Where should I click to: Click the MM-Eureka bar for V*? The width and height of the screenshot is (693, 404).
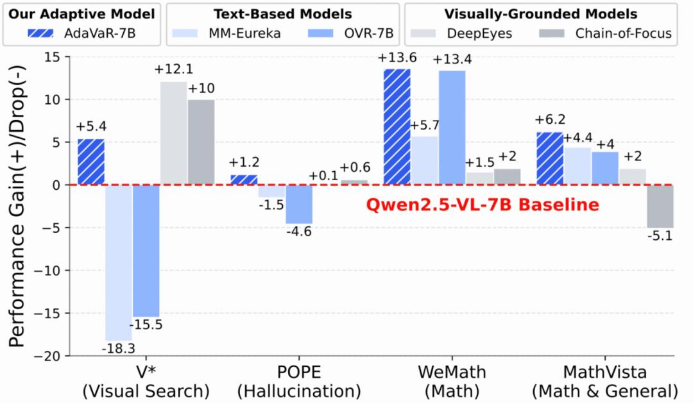[x=119, y=262]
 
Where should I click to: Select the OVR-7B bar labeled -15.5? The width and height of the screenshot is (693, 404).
[x=146, y=251]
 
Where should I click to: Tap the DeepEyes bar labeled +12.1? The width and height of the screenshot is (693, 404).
[x=173, y=133]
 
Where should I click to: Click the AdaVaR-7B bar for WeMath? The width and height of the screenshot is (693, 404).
[x=397, y=127]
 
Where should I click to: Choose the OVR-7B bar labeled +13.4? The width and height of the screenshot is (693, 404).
[x=452, y=128]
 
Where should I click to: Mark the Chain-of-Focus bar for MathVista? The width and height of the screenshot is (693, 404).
[x=660, y=206]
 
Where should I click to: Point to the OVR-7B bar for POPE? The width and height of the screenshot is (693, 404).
[x=299, y=204]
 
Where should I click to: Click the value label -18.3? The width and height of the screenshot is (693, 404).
[x=119, y=349]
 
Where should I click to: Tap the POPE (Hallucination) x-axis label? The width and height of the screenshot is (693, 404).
[x=299, y=382]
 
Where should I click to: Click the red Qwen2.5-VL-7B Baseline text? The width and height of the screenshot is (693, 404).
[x=483, y=205]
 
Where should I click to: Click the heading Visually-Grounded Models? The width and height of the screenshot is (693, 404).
[x=540, y=13]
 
